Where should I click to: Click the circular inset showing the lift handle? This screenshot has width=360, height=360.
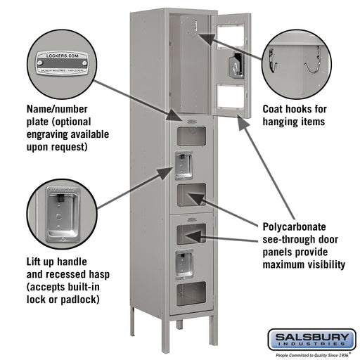[x=60, y=215]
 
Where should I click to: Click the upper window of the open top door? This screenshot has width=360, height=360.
[x=229, y=32]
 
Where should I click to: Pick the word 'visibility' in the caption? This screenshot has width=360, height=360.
[x=322, y=265]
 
